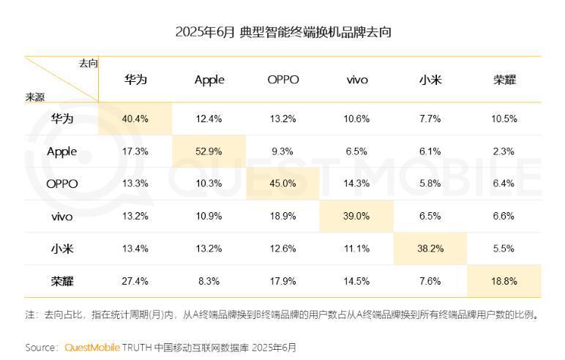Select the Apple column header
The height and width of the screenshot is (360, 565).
209,80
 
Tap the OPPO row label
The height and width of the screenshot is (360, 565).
61,184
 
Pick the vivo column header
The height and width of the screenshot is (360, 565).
357,80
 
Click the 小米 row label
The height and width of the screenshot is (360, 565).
61,249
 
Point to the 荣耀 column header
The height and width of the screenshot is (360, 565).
504,80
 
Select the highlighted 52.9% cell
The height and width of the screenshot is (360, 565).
209,151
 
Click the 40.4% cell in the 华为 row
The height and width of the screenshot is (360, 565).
135,119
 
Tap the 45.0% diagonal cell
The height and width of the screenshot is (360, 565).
283,184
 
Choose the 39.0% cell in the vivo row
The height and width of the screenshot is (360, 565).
357,217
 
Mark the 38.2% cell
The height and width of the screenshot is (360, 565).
430,249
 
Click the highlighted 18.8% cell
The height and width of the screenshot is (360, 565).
504,281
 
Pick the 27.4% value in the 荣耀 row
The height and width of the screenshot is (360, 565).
135,281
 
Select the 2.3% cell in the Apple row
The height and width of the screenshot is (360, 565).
504,151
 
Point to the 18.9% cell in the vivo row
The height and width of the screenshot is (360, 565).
283,217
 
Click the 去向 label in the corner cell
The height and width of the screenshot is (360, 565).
88,64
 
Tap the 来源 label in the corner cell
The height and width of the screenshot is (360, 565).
34,97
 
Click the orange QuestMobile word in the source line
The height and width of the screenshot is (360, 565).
92,348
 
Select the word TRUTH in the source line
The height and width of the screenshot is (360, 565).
137,348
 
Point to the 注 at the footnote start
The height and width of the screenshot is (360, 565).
29,315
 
